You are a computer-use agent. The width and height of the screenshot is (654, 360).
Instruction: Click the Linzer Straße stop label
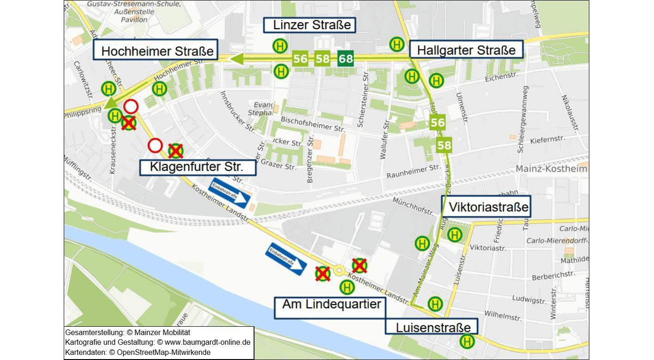pyautogui.click(x=309, y=25)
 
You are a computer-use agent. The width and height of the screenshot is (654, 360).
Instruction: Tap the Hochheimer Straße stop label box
pyautogui.click(x=157, y=50)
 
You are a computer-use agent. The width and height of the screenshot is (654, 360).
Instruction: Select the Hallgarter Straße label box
pyautogui.click(x=466, y=49)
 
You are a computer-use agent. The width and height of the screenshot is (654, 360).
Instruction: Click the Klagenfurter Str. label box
pyautogui.click(x=197, y=167)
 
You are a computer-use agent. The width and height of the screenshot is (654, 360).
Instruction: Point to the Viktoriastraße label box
pyautogui.click(x=486, y=207)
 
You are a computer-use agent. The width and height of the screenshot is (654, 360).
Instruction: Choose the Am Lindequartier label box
pyautogui.click(x=332, y=304)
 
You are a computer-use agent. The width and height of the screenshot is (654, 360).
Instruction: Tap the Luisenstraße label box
pyautogui.click(x=433, y=327)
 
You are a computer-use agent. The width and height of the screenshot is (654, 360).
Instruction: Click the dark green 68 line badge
pyautogui.click(x=345, y=59)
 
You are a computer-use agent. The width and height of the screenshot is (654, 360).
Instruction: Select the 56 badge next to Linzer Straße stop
pyautogui.click(x=300, y=59)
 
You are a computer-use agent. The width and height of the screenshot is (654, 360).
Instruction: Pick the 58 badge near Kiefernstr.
pyautogui.click(x=444, y=146)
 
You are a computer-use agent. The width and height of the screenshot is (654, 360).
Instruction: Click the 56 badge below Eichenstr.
pyautogui.click(x=437, y=122)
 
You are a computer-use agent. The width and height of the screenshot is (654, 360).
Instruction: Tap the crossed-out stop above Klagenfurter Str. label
pyautogui.click(x=176, y=151)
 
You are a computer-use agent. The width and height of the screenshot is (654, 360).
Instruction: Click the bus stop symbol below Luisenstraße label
pyautogui.click(x=467, y=342)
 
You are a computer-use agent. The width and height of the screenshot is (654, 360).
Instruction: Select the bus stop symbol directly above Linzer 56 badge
pyautogui.click(x=280, y=46)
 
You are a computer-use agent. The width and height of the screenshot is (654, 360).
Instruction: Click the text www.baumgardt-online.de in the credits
pyautogui.click(x=204, y=342)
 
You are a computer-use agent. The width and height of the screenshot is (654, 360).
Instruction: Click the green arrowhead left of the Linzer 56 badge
pyautogui.click(x=237, y=59)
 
